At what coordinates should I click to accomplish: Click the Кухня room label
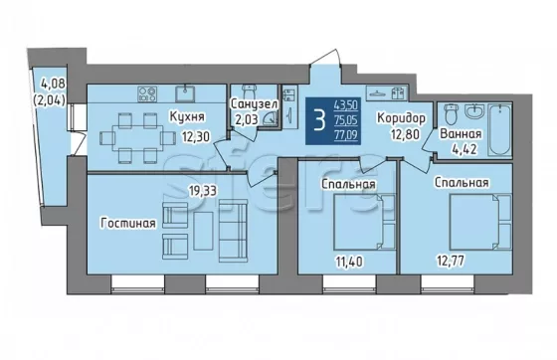[187, 116]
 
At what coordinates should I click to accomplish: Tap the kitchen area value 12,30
[196, 135]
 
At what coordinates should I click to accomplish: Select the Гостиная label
[128, 224]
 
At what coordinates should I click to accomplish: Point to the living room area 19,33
[203, 191]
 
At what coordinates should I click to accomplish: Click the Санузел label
[255, 104]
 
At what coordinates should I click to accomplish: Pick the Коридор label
[401, 118]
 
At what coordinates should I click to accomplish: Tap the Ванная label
[461, 134]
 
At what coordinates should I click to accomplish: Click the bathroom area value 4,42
[464, 149]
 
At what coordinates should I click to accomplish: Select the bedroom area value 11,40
[349, 262]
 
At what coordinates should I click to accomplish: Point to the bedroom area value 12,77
[451, 262]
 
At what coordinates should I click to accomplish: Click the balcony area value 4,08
[54, 85]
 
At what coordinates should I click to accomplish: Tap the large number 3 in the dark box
[319, 120]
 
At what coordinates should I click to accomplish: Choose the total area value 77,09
[346, 135]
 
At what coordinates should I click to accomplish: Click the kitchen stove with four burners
[147, 94]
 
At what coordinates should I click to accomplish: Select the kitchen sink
[184, 93]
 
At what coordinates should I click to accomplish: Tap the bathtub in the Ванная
[499, 130]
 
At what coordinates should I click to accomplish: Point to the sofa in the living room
[233, 231]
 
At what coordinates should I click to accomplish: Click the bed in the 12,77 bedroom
[480, 222]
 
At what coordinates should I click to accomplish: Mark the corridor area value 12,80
[406, 134]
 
